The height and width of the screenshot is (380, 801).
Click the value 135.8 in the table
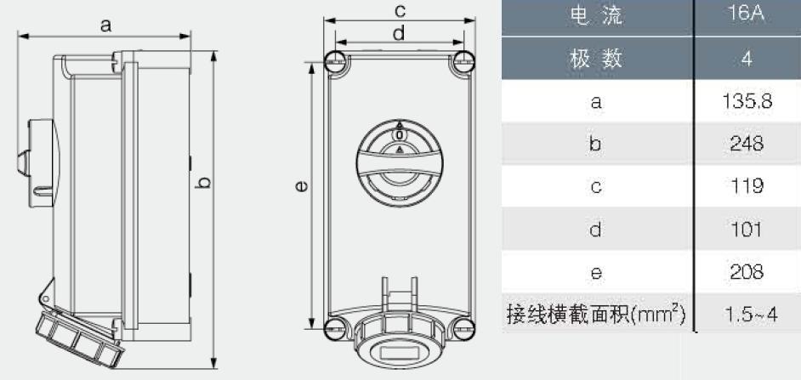pyautogui.click(x=747, y=102)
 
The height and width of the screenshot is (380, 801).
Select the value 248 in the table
pyautogui.click(x=747, y=144)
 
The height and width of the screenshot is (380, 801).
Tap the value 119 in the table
pyautogui.click(x=747, y=186)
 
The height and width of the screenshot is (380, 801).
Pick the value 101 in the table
pyautogui.click(x=747, y=230)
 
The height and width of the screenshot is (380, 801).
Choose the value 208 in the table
pyautogui.click(x=747, y=272)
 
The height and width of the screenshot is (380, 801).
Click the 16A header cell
pyautogui.click(x=747, y=14)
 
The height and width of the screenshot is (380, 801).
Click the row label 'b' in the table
pyautogui.click(x=595, y=144)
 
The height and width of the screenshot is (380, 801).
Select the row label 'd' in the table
pyautogui.click(x=595, y=230)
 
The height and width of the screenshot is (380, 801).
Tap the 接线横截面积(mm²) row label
pyautogui.click(x=595, y=314)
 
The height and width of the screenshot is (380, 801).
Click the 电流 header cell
pyautogui.click(x=595, y=15)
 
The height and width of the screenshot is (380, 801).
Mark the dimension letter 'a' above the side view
pyautogui.click(x=105, y=25)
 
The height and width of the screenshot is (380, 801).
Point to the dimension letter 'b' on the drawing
pyautogui.click(x=203, y=182)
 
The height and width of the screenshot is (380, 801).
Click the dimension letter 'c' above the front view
pyautogui.click(x=400, y=9)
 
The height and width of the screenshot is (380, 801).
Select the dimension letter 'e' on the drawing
pyautogui.click(x=301, y=187)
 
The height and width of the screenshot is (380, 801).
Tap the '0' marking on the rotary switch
pyautogui.click(x=400, y=135)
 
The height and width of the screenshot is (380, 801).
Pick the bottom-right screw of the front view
pyautogui.click(x=463, y=329)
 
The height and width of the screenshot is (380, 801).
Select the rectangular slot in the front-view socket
pyautogui.click(x=400, y=352)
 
